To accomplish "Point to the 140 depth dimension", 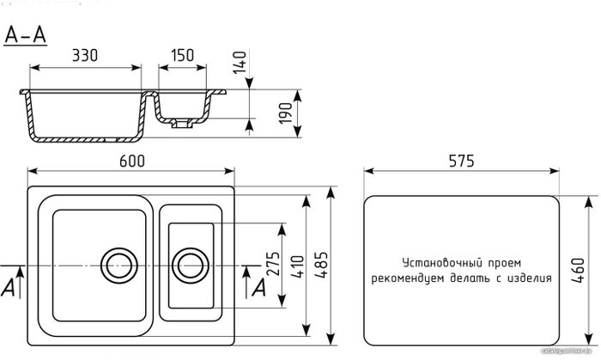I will coord(242,61).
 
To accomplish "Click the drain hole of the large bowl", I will coord(116,260).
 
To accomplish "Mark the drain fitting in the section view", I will coord(181,125).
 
